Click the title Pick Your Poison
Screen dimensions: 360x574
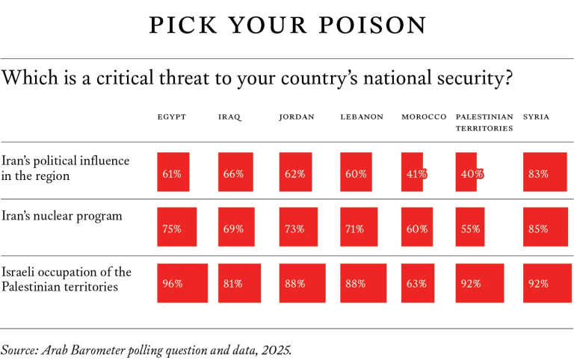287,25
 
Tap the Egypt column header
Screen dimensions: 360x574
171,117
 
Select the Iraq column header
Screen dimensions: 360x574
229,117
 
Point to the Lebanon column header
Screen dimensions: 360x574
362,117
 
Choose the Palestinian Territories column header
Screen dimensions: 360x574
484,122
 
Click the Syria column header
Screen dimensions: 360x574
537,117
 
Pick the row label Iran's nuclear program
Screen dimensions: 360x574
62,217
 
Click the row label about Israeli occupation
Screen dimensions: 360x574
67,279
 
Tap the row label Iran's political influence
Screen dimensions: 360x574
65,168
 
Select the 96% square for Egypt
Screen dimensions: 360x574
182,283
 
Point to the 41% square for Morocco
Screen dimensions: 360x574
413,173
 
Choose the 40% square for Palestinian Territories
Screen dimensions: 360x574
467,173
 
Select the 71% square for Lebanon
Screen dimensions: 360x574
359,227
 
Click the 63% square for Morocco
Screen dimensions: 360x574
417,283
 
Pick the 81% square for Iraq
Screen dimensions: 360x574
239,283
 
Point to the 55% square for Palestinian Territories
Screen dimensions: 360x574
471,227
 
